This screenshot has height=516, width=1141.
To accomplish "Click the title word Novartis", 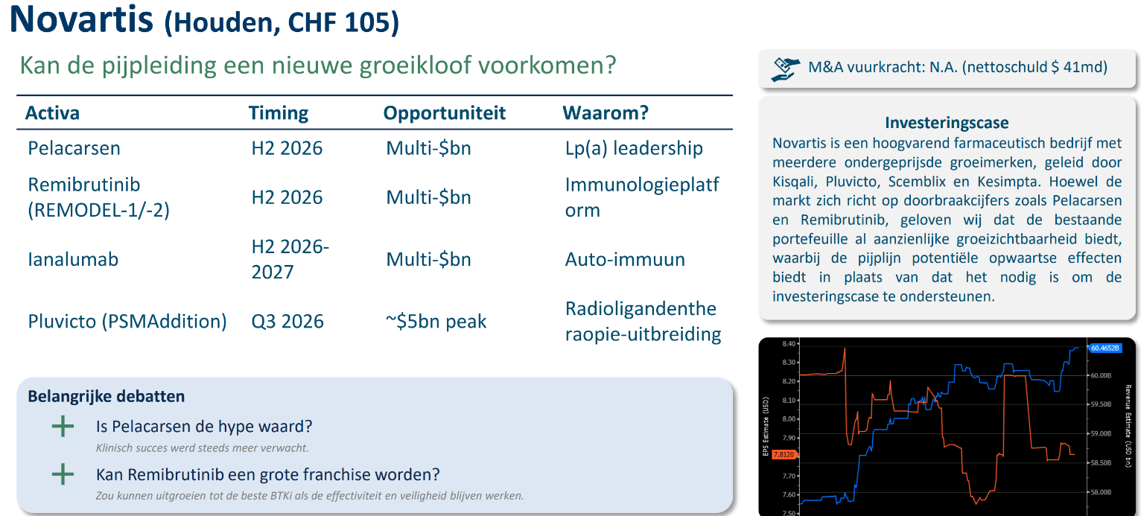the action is (x=81, y=19).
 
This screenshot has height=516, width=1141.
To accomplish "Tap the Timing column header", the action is (x=278, y=113).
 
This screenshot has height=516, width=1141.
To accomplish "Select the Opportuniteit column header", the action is (x=444, y=113).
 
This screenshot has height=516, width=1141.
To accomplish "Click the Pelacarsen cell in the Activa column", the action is (x=74, y=148).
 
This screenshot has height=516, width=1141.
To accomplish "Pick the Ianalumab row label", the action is (x=73, y=259).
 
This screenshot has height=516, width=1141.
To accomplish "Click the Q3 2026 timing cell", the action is (x=287, y=322).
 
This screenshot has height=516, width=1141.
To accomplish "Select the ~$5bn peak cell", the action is (x=436, y=322).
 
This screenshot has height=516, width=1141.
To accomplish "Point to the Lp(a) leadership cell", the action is (x=634, y=148).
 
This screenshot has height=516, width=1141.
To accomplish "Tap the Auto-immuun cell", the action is (x=624, y=259).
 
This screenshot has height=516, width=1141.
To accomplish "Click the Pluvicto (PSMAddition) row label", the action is (x=127, y=322).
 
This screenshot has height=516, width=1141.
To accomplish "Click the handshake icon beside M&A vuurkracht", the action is (x=785, y=69).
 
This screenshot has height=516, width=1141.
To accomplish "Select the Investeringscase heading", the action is (x=947, y=123).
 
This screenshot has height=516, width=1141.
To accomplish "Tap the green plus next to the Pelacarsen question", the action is (x=63, y=427).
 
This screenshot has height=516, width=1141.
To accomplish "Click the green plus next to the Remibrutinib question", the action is (x=63, y=474).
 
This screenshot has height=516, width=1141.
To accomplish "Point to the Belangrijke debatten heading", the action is (x=106, y=396).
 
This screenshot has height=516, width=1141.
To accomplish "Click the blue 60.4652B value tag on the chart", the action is (x=1105, y=348).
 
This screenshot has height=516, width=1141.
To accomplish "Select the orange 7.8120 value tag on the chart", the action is (x=784, y=454).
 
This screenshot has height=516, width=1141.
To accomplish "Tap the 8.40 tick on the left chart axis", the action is (x=789, y=344).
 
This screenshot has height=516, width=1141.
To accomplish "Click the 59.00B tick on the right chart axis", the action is (x=1101, y=433).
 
